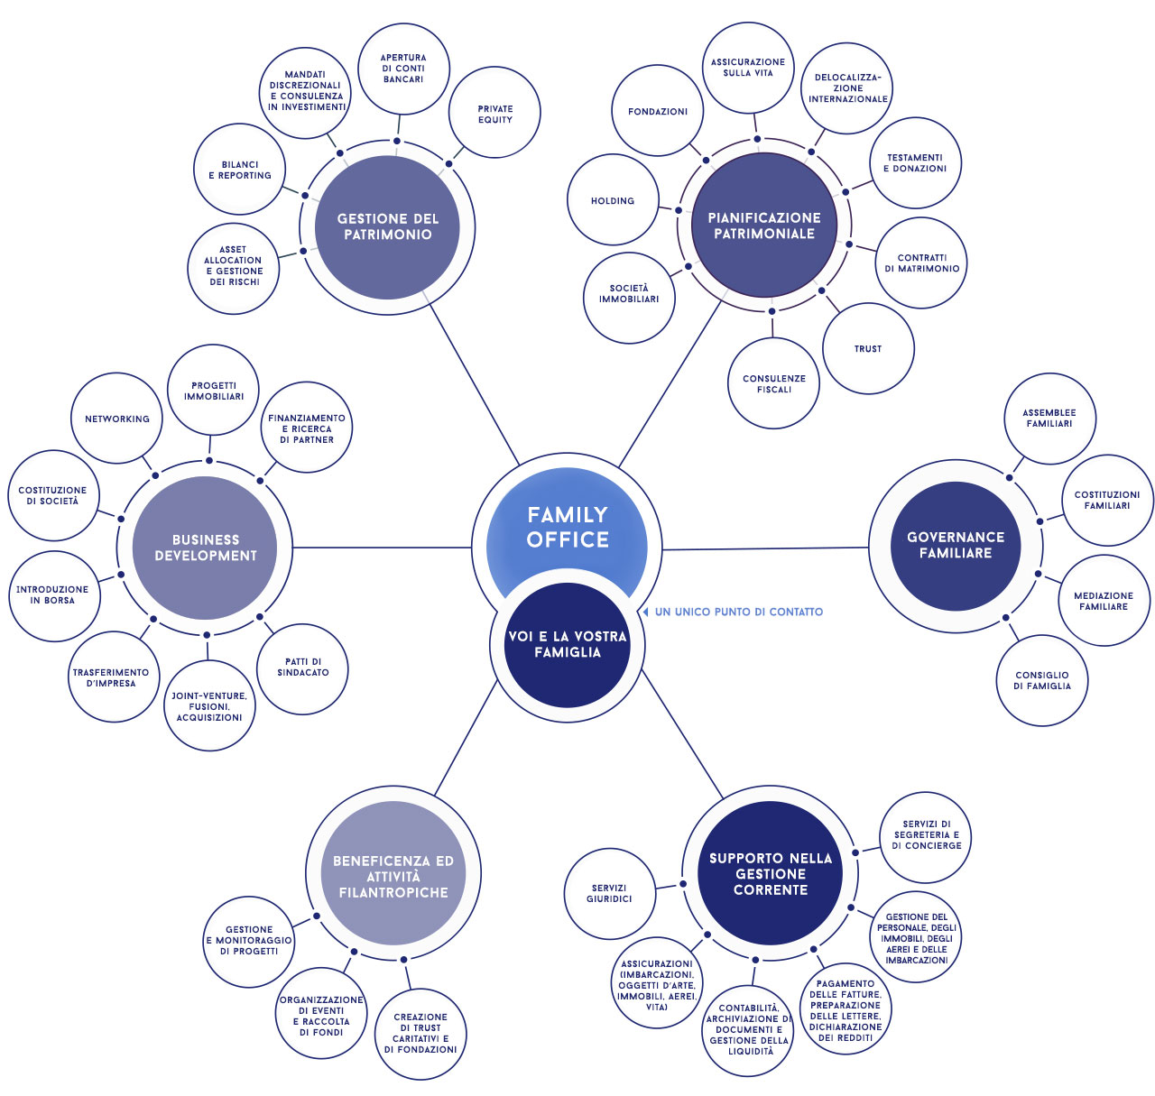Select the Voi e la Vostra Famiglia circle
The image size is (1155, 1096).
pyautogui.click(x=567, y=645)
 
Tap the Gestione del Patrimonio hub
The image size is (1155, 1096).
pyautogui.click(x=387, y=227)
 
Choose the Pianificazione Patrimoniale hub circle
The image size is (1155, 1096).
pyautogui.click(x=764, y=226)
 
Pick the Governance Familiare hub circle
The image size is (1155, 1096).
pyautogui.click(x=956, y=546)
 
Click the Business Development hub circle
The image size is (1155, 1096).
pyautogui.click(x=205, y=548)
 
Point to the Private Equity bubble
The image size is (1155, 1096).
pyautogui.click(x=494, y=112)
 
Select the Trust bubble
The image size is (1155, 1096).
pyautogui.click(x=868, y=349)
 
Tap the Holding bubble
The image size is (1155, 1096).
pyautogui.click(x=613, y=199)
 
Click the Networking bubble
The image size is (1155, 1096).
pyautogui.click(x=116, y=419)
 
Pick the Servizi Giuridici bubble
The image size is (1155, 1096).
pyautogui.click(x=609, y=893)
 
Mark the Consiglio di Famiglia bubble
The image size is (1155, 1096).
pyautogui.click(x=1041, y=680)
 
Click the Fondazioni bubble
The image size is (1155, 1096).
pyautogui.click(x=658, y=110)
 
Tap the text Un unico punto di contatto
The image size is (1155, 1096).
pyautogui.click(x=738, y=612)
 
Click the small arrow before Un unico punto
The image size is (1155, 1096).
pyautogui.click(x=645, y=612)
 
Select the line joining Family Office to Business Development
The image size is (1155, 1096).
pyautogui.click(x=382, y=548)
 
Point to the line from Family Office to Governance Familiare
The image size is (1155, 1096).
pyautogui.click(x=765, y=548)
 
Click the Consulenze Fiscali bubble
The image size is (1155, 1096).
pyautogui.click(x=773, y=383)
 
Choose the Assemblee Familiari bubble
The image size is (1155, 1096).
pyautogui.click(x=1049, y=419)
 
